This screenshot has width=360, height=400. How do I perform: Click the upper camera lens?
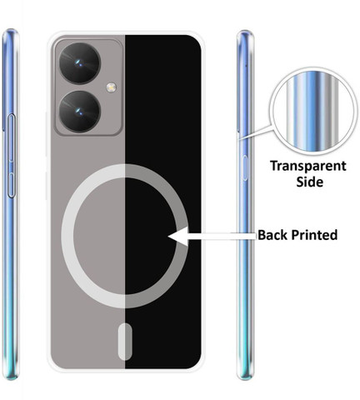click(80, 63)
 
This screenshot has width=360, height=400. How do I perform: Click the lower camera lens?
click(80, 112)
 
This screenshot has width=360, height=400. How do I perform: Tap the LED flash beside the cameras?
click(111, 87)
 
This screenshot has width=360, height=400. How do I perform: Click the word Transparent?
click(308, 167)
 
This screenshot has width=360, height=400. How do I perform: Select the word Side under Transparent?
click(309, 182)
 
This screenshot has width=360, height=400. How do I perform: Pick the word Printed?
click(313, 235)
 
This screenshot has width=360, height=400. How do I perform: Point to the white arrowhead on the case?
click(179, 237)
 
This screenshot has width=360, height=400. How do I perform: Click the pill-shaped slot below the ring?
click(125, 342)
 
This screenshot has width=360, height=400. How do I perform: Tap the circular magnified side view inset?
click(313, 111)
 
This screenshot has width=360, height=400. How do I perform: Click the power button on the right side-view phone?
click(245, 168)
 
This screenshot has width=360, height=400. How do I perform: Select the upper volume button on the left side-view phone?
click(11, 137)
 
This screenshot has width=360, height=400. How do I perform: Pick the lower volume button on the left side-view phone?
click(11, 185)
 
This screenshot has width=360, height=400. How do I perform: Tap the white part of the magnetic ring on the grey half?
click(67, 236)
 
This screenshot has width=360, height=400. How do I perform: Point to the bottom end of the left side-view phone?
click(11, 377)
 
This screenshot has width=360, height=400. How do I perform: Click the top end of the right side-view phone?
click(245, 32)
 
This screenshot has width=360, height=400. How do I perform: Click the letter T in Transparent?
click(275, 166)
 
